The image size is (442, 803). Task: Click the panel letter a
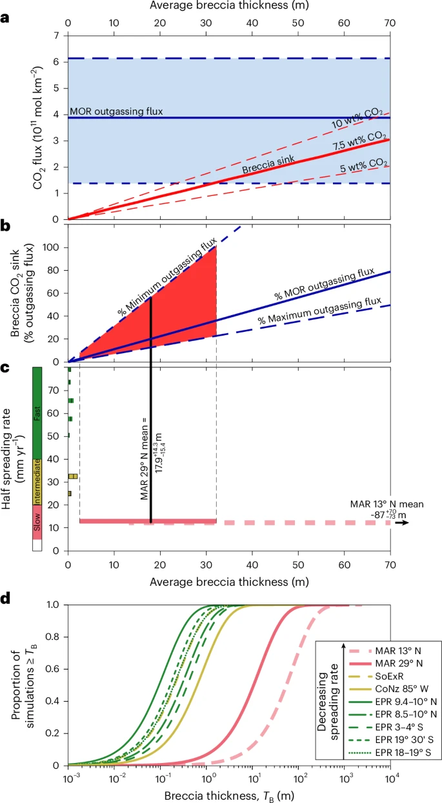click(x=6, y=19)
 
